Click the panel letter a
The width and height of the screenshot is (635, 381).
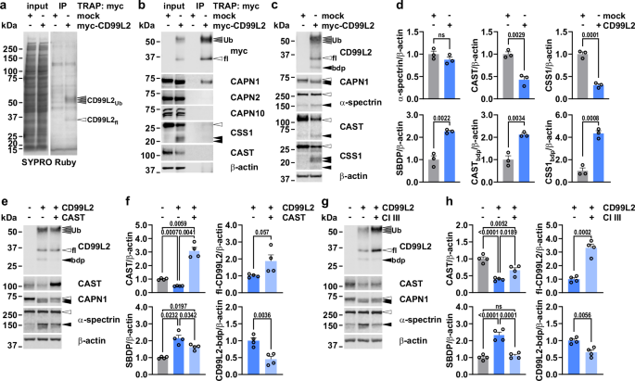pyautogui.click(x=6, y=7)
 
